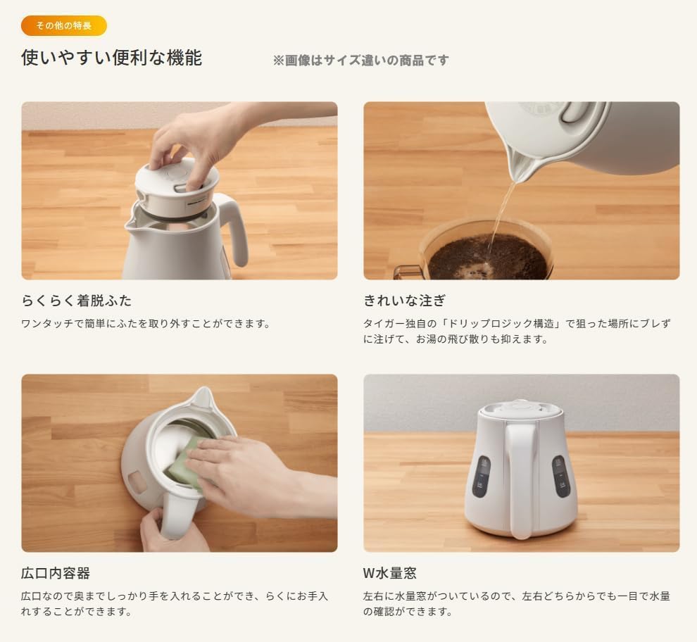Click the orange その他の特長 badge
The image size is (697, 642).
pos(64,26)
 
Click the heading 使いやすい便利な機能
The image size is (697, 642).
pos(111,58)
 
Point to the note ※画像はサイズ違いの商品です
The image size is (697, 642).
pos(360,61)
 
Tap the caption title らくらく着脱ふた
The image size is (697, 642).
pos(76,301)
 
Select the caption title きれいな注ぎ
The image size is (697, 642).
pos(404,301)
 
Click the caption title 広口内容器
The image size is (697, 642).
pos(56,573)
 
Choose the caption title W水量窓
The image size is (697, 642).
pos(390,573)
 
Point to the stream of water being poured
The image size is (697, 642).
pos(501,215)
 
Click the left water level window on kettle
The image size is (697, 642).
pos(482,477)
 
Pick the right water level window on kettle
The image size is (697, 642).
pos(560,477)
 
